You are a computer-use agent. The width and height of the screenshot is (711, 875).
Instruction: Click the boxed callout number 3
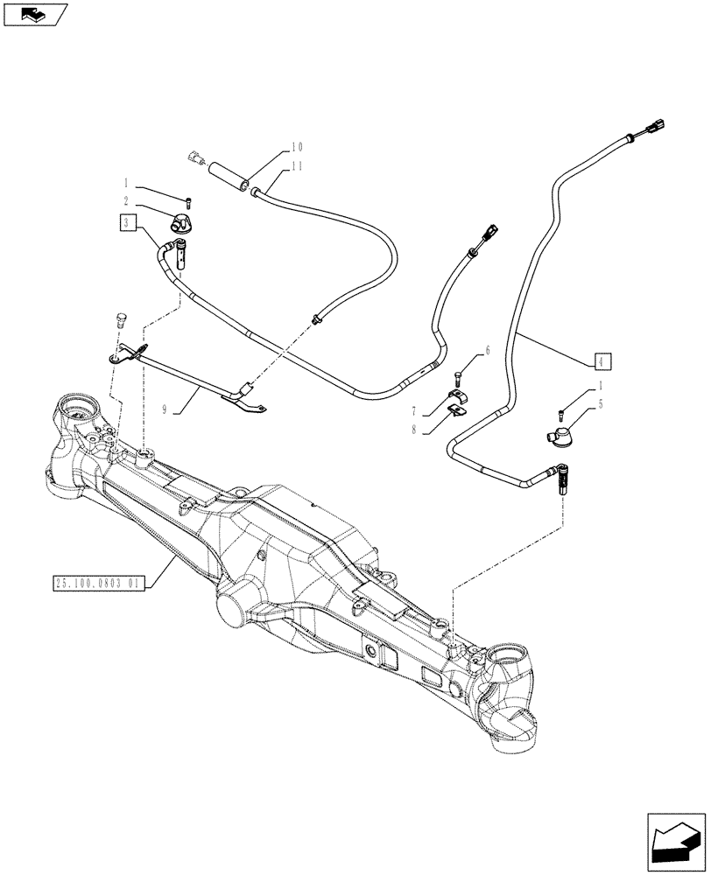(x=128, y=223)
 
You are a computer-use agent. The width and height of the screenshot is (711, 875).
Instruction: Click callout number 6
(x=488, y=350)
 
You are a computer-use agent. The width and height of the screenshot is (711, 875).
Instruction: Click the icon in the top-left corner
(x=35, y=15)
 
